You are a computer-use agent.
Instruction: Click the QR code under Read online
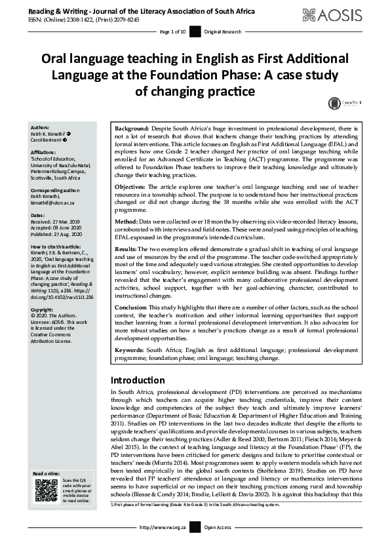(x=46, y=490)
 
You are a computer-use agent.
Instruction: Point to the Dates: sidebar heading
(x=38, y=215)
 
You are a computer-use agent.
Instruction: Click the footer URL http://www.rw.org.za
(x=165, y=545)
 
